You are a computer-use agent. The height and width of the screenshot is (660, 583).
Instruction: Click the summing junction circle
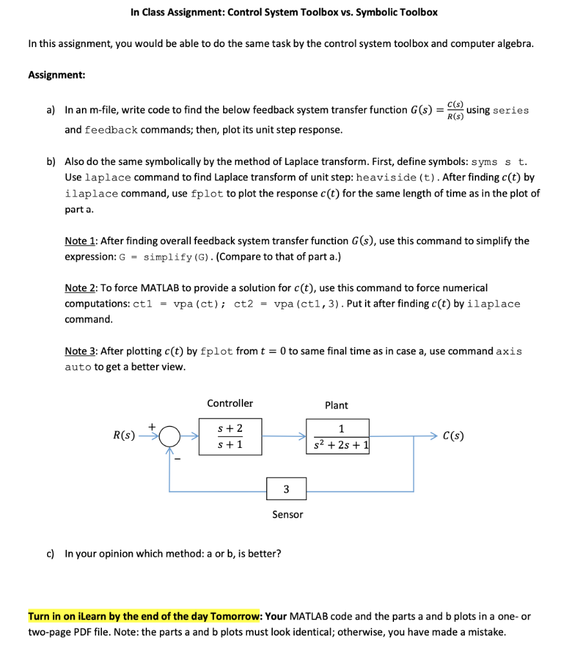[x=169, y=437]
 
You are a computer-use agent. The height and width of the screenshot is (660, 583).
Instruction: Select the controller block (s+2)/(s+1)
[x=230, y=436]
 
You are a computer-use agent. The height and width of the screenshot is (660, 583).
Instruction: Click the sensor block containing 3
[x=286, y=489]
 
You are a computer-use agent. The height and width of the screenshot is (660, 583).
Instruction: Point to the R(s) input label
[x=124, y=436]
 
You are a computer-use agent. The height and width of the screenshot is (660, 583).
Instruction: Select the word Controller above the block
[x=230, y=403]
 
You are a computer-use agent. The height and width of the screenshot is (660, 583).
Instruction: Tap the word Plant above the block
[x=336, y=405]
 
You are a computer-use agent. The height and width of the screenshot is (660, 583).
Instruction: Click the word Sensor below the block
[x=287, y=514]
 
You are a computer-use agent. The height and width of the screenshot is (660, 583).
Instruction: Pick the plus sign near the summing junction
[x=152, y=425]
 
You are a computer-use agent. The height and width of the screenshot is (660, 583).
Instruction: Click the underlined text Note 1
[x=81, y=241]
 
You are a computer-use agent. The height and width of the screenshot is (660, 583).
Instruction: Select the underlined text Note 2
[x=81, y=288]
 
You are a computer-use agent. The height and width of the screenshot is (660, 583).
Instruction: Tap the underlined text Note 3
[x=81, y=351]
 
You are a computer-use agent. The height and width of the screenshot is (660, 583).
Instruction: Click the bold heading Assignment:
[x=57, y=75]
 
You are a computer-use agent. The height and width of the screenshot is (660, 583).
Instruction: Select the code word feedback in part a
[x=110, y=130]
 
